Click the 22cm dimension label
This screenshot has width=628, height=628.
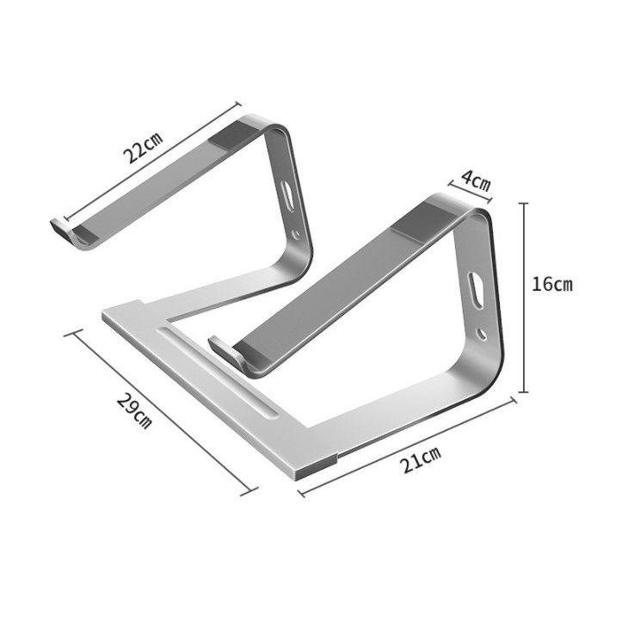[x=143, y=147]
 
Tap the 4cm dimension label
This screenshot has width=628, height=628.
[x=476, y=180]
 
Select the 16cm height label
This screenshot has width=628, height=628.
[x=552, y=284]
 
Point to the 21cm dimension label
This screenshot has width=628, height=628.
[x=422, y=459]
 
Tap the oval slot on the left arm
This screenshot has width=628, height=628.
[x=288, y=194]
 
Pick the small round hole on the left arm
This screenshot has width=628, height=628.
[x=296, y=233]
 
